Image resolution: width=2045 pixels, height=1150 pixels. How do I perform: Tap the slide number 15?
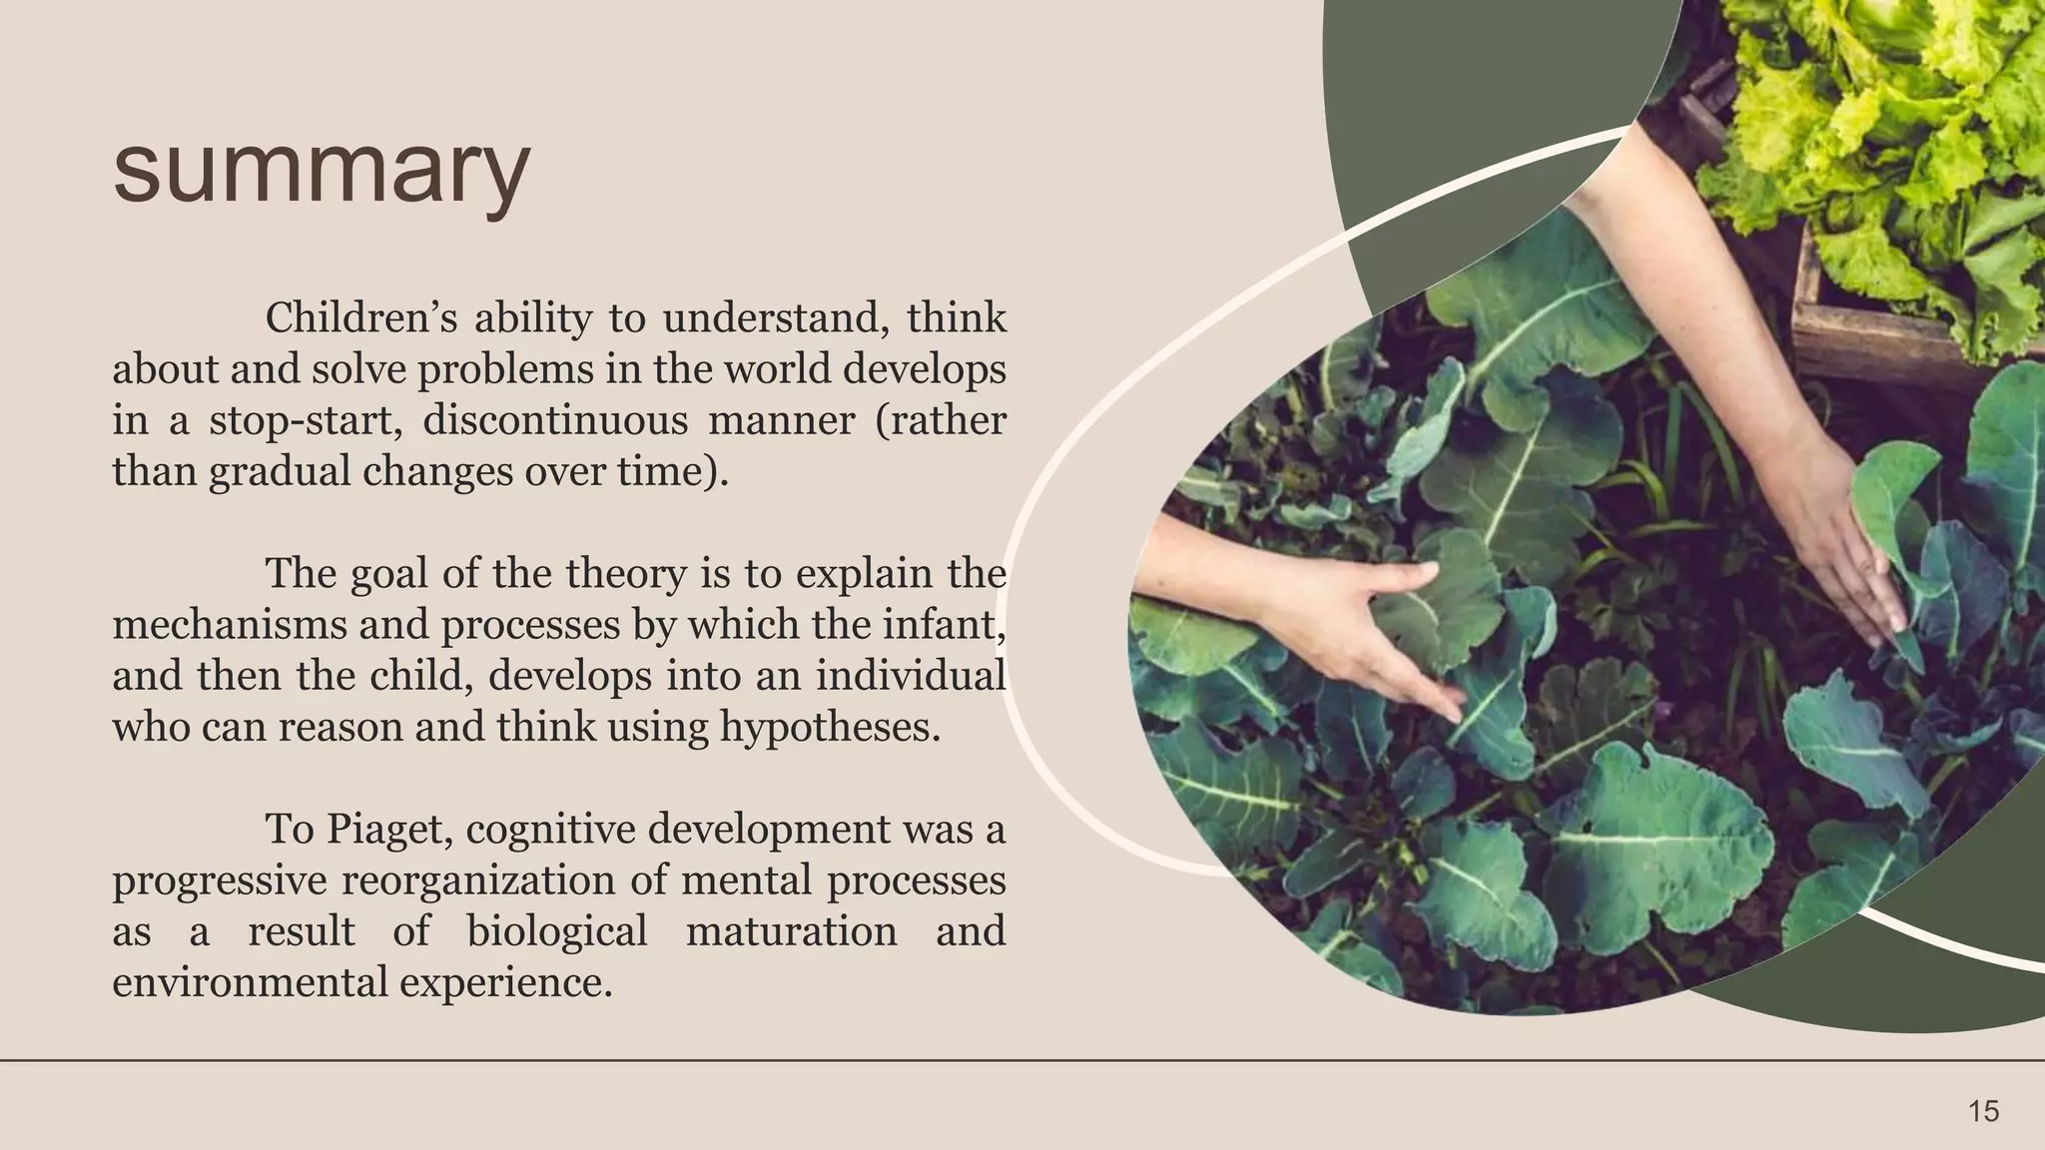[1983, 1111]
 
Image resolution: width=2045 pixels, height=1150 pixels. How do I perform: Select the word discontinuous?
[555, 420]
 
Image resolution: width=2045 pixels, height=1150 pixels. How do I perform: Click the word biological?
[557, 931]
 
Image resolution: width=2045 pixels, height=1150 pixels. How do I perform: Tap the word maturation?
[791, 931]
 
